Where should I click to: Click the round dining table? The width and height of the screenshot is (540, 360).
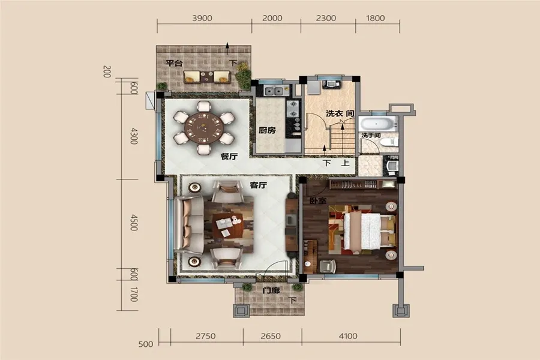pyautogui.click(x=204, y=128)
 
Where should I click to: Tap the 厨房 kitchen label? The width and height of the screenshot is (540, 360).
pyautogui.click(x=267, y=130)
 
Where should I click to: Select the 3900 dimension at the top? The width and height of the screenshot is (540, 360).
pyautogui.click(x=202, y=18)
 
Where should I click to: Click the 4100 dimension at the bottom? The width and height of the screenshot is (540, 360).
pyautogui.click(x=348, y=336)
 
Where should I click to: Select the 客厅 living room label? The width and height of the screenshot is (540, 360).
pyautogui.click(x=258, y=185)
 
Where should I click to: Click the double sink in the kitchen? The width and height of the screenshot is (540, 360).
pyautogui.click(x=274, y=91)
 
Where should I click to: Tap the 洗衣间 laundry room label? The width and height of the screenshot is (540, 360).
pyautogui.click(x=340, y=113)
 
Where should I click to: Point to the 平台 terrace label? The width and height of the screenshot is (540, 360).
pyautogui.click(x=174, y=64)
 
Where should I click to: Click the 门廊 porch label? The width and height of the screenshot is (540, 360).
pyautogui.click(x=271, y=290)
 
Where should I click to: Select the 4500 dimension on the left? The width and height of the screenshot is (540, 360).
pyautogui.click(x=134, y=222)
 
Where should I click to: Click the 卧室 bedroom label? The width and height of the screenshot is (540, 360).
pyautogui.click(x=318, y=200)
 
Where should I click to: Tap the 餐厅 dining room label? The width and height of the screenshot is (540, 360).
pyautogui.click(x=229, y=157)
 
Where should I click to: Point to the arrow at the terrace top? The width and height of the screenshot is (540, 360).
pyautogui.click(x=227, y=49)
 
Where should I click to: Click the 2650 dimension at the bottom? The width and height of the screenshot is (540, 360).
pyautogui.click(x=271, y=336)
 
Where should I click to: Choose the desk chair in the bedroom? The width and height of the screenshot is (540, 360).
pyautogui.click(x=327, y=266)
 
